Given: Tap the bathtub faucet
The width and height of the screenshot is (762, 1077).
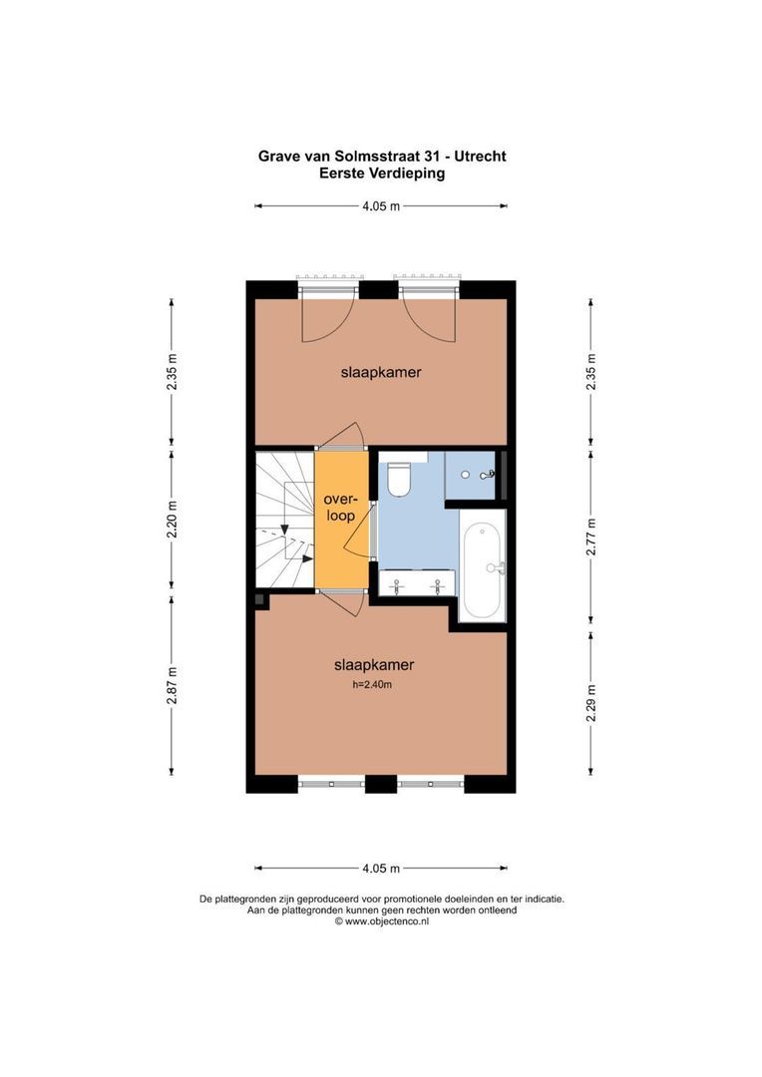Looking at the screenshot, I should click(x=496, y=567).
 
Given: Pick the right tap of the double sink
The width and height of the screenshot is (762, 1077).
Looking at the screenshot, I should click(x=437, y=586).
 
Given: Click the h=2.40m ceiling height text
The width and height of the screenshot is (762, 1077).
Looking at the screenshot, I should click(x=373, y=684).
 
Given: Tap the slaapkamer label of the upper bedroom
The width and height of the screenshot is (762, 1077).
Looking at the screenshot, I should click(x=380, y=372).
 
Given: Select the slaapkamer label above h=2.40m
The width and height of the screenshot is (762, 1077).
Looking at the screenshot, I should click(x=373, y=664).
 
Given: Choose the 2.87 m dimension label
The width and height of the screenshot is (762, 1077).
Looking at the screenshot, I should click(x=172, y=686).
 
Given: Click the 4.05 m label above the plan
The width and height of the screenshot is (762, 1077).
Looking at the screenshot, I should click(x=380, y=206).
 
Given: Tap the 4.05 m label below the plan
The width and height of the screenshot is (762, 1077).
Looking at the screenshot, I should click(x=380, y=868).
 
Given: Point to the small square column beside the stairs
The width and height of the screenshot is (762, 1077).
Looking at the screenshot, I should click(x=259, y=599).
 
